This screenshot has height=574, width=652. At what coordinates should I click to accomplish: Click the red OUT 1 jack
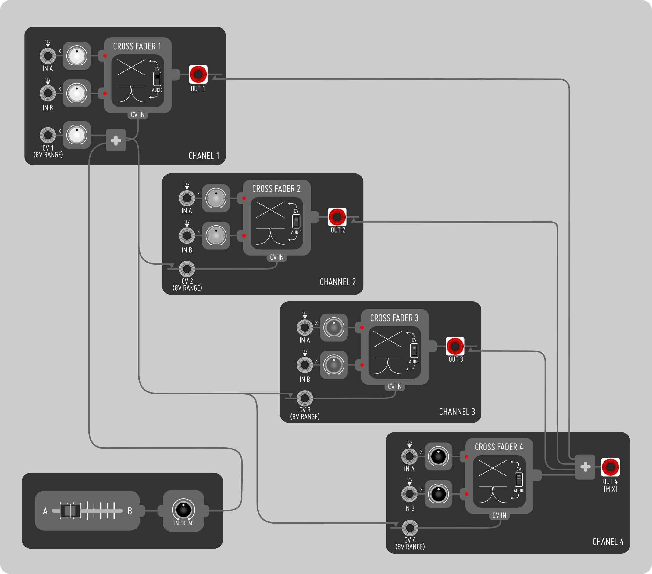tap(198, 74)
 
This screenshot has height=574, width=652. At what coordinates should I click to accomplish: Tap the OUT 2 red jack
tap(337, 217)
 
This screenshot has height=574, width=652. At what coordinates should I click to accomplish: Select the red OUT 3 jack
tap(455, 346)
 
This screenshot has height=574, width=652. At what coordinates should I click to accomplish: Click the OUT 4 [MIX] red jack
tap(610, 467)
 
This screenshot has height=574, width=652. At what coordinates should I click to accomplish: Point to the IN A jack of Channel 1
tap(48, 56)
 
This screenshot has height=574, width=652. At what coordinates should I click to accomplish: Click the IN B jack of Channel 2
tap(187, 236)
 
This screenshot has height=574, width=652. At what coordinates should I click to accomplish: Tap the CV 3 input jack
tap(305, 398)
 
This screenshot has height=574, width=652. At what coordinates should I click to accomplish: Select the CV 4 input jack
tap(410, 528)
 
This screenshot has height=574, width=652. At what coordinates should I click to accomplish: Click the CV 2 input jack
tap(187, 269)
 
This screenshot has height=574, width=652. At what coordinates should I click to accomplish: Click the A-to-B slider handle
tap(70, 511)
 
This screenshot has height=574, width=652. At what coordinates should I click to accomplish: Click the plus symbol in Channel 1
tap(116, 140)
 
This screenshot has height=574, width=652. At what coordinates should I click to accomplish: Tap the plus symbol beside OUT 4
tap(585, 467)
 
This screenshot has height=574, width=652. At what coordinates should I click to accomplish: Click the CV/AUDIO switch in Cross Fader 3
tap(414, 351)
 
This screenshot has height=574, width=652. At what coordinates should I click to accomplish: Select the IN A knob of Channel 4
tap(438, 456)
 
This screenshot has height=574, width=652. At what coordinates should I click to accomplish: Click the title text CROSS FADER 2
tap(276, 189)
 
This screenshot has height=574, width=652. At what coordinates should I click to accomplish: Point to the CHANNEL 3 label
tap(457, 412)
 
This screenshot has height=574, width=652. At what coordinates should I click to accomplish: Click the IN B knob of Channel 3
tap(334, 365)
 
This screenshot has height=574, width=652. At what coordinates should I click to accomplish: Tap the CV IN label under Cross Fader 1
tap(138, 115)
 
